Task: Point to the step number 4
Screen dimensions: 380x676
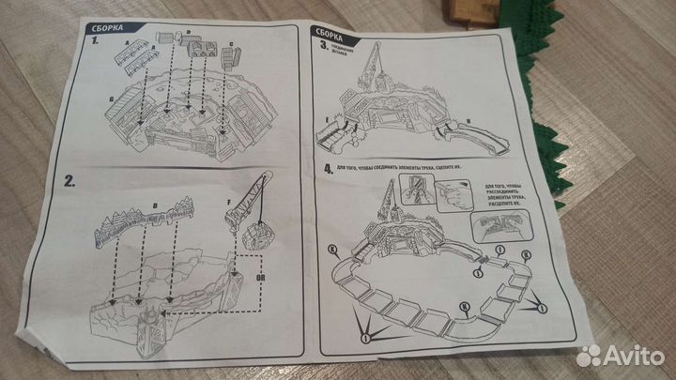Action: point(324,171)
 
